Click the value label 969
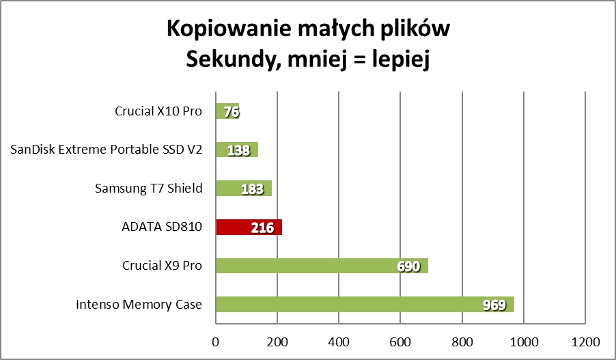point(494,305)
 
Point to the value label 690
point(408,266)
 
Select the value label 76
point(232,111)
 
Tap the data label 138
point(238,150)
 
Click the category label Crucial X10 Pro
point(158,111)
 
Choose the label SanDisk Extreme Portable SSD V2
point(107,149)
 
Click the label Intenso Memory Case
point(139,304)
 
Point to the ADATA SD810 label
point(161,227)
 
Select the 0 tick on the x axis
point(216,341)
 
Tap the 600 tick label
point(401,341)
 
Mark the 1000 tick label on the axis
point(524,341)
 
